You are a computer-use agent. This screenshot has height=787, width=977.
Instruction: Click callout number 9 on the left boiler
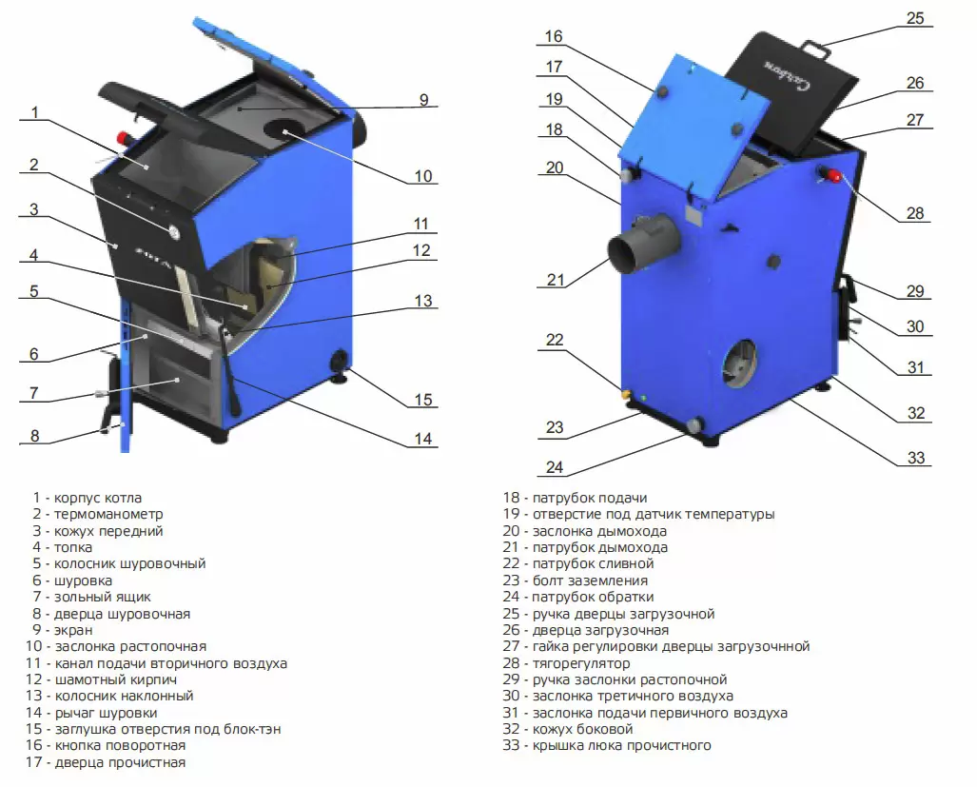423,99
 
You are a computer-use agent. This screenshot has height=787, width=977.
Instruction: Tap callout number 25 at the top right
914,18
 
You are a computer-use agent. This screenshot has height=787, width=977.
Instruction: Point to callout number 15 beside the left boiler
423,400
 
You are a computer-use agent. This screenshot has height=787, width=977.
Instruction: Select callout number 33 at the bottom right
915,458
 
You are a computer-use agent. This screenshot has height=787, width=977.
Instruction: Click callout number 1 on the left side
34,112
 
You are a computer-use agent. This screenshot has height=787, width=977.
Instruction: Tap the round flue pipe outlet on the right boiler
631,248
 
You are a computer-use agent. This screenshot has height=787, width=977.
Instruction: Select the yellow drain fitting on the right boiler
626,392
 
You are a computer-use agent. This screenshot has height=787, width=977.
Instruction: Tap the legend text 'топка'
73,547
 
